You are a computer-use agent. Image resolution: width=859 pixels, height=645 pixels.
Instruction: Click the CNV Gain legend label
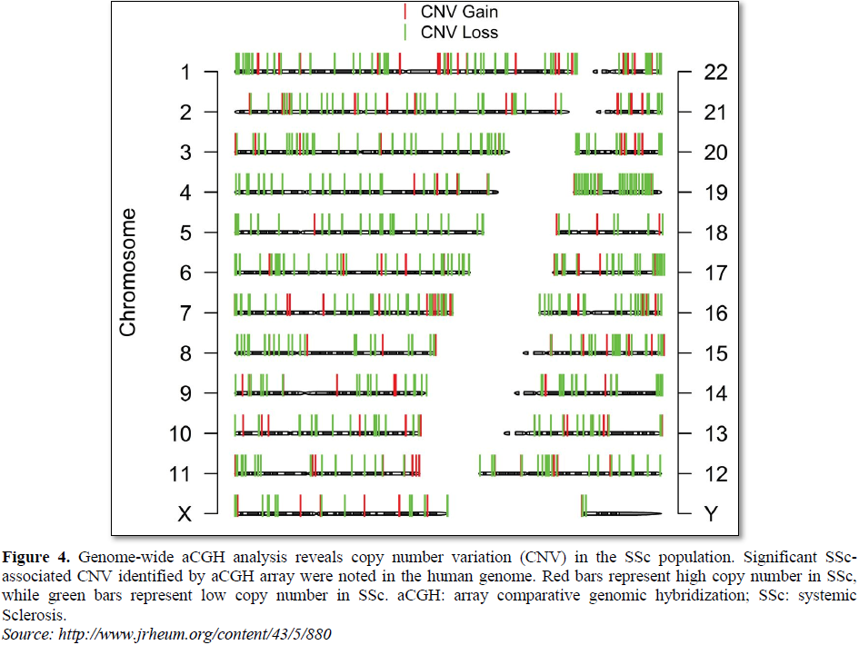459,12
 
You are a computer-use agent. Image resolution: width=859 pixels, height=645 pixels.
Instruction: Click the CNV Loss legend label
459,32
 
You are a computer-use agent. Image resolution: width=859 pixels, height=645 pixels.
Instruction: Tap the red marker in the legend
405,12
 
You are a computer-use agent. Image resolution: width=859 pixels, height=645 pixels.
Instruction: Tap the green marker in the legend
405,32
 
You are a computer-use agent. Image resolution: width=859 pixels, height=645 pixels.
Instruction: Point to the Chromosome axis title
128,273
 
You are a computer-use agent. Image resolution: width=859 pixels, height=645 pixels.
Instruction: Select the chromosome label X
185,514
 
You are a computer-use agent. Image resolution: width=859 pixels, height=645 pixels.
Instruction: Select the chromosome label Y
712,514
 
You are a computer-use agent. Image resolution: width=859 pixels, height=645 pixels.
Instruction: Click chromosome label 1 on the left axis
185,72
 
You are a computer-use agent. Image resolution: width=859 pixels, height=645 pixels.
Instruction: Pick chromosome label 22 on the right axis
716,72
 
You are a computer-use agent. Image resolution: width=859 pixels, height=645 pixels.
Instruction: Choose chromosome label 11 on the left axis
180,474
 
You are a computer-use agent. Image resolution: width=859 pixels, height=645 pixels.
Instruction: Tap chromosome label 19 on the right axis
716,193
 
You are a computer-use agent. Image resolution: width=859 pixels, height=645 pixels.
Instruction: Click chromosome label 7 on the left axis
185,313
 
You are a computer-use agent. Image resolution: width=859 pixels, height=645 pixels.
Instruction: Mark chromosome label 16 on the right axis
716,313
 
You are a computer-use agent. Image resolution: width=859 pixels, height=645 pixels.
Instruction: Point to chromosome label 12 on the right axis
716,474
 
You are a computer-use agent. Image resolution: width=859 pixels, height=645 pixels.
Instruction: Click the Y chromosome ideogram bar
622,514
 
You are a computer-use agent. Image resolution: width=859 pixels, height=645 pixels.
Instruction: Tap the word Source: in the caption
26,633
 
